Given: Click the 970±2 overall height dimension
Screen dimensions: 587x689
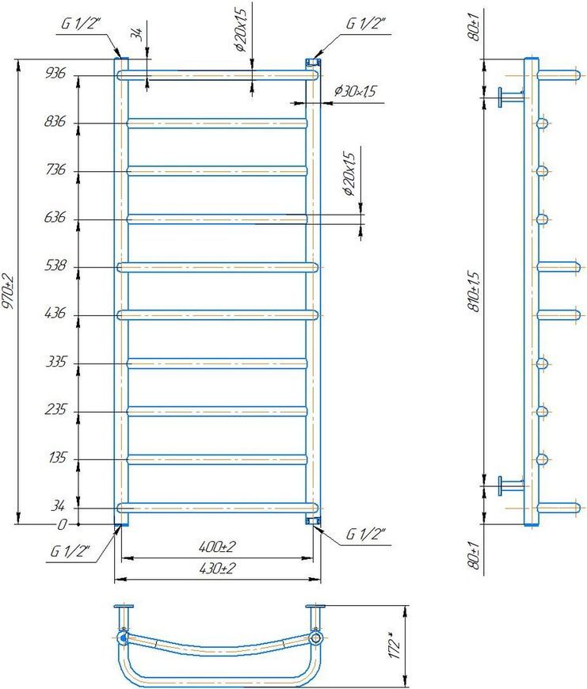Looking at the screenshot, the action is pos(9,291).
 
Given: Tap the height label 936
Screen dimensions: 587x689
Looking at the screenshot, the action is pos(55,73).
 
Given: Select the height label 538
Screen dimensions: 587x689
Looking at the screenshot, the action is pos(55,265).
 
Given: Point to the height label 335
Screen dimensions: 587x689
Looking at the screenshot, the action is pos(55,362).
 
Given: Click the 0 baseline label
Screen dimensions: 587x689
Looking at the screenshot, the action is pos(63,524).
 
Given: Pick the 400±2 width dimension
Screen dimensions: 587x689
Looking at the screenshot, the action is pos(217,547).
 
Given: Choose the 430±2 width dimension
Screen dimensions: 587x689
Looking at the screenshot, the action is pos(217,569).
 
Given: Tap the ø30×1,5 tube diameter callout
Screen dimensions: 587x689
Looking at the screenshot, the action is pos(355,91).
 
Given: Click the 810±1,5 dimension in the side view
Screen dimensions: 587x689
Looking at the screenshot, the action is pos(474,291).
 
